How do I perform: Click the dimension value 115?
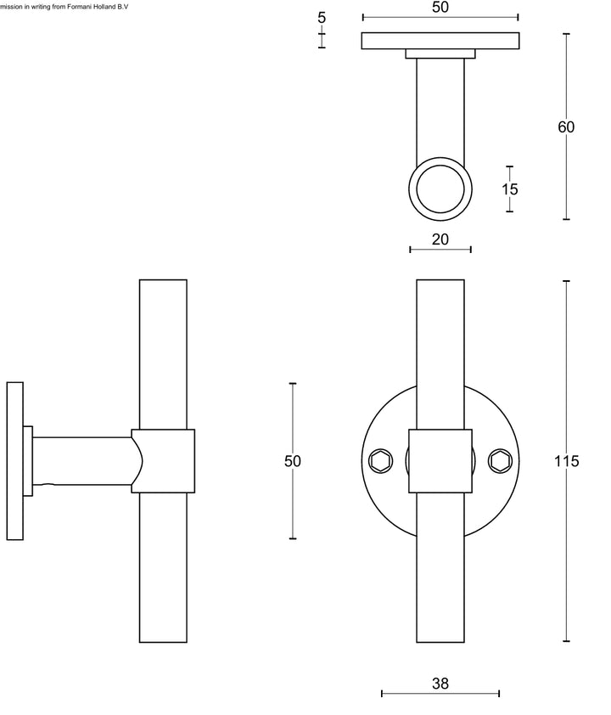pos(565,461)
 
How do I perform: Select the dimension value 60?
pos(566,127)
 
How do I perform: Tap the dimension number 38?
pos(440,683)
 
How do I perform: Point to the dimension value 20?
pos(440,239)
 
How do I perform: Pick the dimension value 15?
pos(509,189)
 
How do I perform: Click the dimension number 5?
pos(322,18)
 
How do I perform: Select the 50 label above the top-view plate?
pos(440,7)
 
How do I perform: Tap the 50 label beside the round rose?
pos(293,461)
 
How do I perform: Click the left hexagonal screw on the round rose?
pos(381,461)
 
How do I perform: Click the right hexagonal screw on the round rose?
pos(499,461)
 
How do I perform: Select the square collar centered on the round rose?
pos(440,461)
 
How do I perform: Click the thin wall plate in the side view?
pos(14,461)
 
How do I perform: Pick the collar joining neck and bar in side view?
pos(164,461)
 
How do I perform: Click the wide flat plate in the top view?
pos(440,41)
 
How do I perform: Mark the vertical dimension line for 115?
pos(566,552)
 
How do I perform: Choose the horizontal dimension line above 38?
pos(440,694)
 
